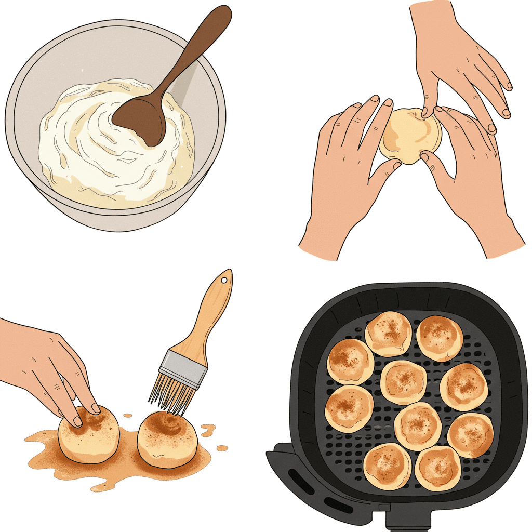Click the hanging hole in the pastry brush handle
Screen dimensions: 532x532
pos(224,281)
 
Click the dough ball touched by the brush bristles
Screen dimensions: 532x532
pos(167,439)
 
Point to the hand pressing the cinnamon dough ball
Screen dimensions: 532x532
pos(47,364)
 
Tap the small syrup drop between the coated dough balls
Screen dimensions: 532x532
pos(128,416)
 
